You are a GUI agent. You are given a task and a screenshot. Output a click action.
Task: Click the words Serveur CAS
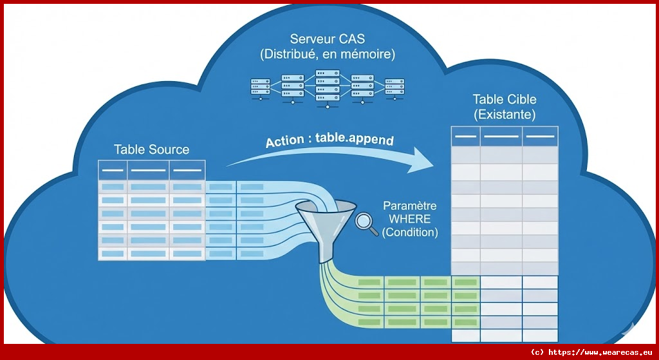(x=328, y=39)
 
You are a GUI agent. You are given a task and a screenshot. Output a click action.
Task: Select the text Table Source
(x=152, y=149)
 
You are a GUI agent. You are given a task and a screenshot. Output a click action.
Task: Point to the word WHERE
(x=410, y=220)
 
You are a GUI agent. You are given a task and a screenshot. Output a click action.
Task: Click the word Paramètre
(x=410, y=206)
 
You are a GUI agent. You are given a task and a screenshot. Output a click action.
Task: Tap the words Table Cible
(x=505, y=100)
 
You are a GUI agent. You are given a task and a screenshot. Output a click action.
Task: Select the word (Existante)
(x=505, y=115)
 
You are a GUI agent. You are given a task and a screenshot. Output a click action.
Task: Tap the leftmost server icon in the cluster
(x=260, y=86)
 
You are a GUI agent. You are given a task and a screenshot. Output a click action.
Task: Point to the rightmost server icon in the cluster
(x=394, y=86)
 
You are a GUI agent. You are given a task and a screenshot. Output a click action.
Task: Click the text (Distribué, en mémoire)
(x=328, y=55)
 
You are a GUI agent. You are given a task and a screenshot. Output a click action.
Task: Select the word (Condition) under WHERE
(x=410, y=232)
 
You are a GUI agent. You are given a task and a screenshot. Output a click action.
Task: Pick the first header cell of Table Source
(x=113, y=171)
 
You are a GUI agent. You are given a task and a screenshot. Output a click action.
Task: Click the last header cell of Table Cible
(x=540, y=137)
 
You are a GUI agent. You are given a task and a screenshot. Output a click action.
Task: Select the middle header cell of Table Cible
(x=501, y=137)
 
